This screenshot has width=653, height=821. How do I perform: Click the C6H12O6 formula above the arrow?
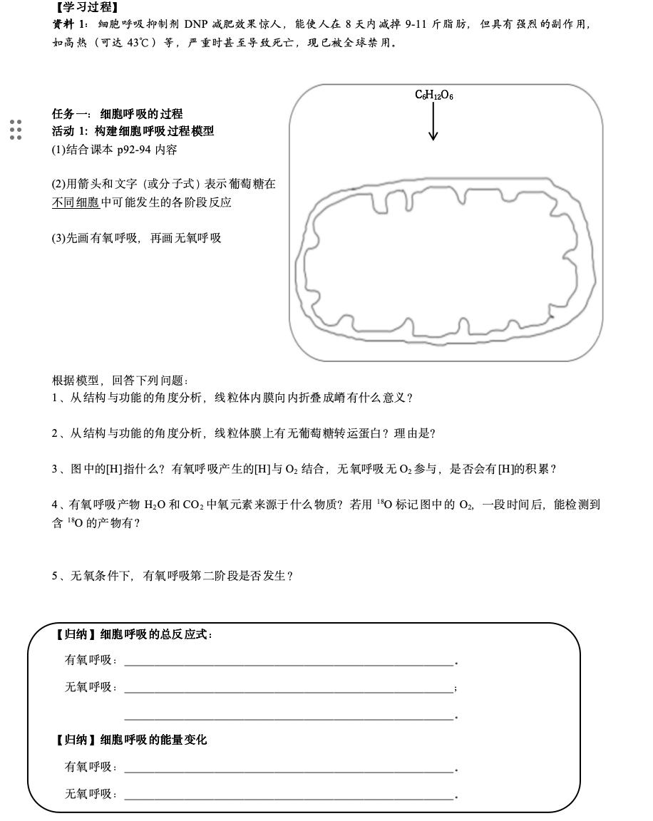point(433,95)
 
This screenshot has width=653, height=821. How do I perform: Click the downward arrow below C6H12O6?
point(433,125)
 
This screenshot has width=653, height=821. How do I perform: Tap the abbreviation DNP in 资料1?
point(195,24)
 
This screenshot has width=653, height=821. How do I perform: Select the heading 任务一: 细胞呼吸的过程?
point(118,113)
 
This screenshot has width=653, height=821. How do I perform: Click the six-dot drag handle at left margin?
point(16,130)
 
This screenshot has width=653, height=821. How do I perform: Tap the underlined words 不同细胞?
point(76,202)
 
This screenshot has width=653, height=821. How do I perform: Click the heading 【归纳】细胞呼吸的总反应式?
point(134,634)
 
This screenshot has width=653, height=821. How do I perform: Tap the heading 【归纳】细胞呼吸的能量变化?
point(131,740)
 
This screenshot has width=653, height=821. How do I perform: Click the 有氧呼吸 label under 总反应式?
point(91,660)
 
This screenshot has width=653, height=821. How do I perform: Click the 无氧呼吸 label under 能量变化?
point(91,793)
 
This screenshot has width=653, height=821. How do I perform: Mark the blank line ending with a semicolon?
point(289,688)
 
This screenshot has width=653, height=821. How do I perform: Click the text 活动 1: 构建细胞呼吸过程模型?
point(133,131)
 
